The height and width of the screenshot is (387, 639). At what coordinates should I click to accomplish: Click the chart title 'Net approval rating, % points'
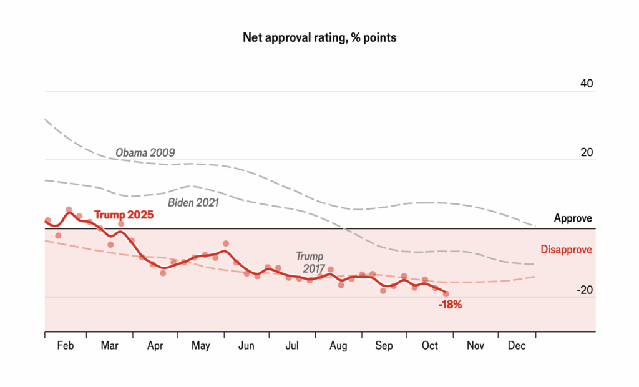pyautogui.click(x=319, y=38)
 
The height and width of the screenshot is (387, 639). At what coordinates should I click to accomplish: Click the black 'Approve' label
pyautogui.click(x=573, y=218)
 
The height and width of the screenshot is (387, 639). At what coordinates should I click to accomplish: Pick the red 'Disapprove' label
pyautogui.click(x=566, y=250)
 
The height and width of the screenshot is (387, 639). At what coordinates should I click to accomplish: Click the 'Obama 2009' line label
pyautogui.click(x=145, y=152)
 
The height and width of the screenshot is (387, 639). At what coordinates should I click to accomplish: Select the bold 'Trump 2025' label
pyautogui.click(x=124, y=215)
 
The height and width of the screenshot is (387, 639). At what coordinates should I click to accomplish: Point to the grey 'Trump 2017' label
pyautogui.click(x=310, y=262)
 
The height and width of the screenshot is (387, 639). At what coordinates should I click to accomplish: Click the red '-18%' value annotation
pyautogui.click(x=449, y=305)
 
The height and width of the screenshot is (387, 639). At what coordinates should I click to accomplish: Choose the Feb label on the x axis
pyautogui.click(x=65, y=346)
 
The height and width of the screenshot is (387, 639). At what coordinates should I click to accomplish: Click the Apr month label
pyautogui.click(x=155, y=346)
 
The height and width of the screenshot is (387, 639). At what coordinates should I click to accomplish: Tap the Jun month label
pyautogui.click(x=246, y=346)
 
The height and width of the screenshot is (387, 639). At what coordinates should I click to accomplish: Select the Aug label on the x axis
pyautogui.click(x=338, y=346)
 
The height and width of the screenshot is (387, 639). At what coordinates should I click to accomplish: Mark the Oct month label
pyautogui.click(x=429, y=346)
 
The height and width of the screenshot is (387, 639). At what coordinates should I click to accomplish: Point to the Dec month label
pyautogui.click(x=516, y=346)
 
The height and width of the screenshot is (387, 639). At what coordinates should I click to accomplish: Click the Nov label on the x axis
pyautogui.click(x=475, y=346)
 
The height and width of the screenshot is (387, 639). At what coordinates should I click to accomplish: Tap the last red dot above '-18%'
pyautogui.click(x=446, y=294)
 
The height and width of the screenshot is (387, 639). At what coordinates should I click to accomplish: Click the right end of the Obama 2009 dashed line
pyautogui.click(x=535, y=225)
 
